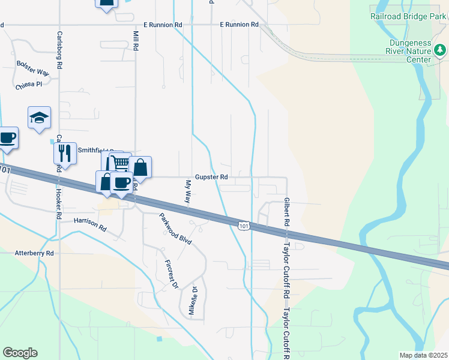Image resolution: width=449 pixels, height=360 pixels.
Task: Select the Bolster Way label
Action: [x=32, y=67]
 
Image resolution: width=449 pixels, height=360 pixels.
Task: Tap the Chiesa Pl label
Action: [x=29, y=85]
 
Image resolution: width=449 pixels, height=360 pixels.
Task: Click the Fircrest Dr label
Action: [x=172, y=273]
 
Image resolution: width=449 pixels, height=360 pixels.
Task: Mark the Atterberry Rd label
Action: [x=35, y=254]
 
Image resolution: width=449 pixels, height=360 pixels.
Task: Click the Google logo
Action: [x=20, y=353]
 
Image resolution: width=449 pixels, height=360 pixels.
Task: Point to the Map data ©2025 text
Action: [x=423, y=355]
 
